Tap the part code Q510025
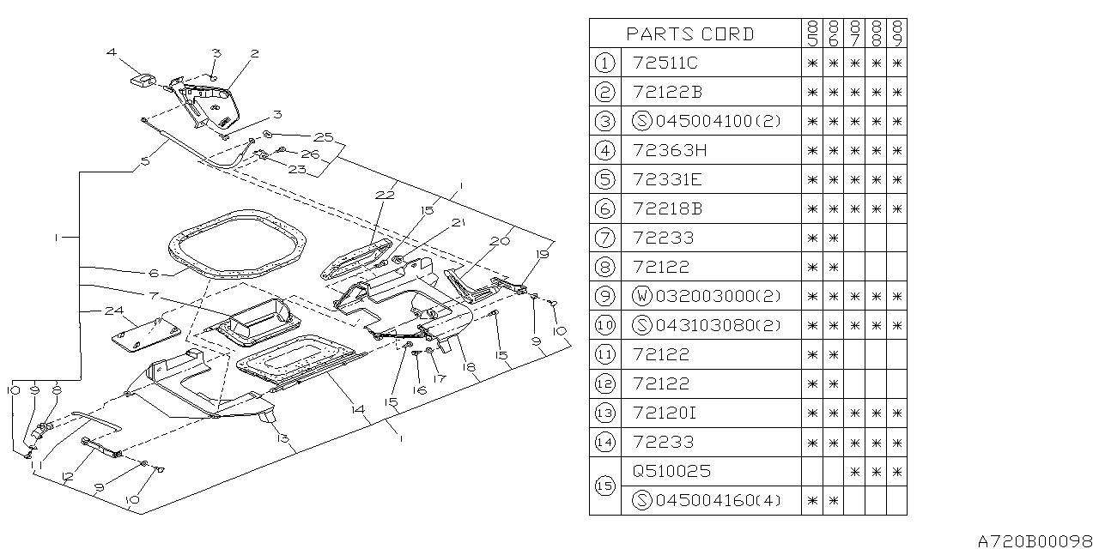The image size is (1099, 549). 671,471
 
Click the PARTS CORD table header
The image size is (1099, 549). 690,33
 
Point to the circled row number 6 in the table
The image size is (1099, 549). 604,208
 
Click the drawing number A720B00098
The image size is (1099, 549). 1036,540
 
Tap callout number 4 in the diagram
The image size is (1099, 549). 112,53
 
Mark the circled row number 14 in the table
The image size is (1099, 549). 604,442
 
